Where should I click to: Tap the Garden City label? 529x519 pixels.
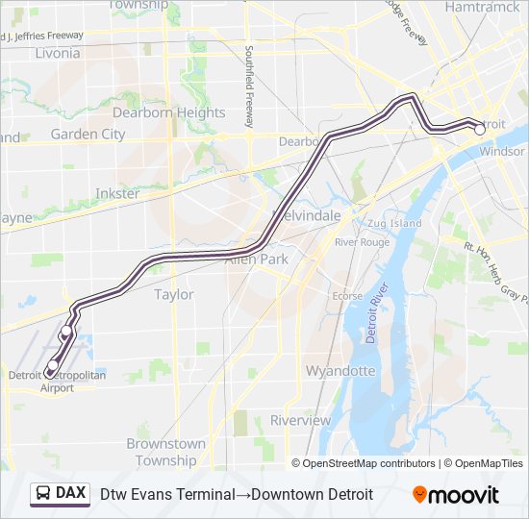coord(88,135)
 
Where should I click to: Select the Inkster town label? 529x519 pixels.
coord(116,193)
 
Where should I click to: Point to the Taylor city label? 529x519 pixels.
coord(174,295)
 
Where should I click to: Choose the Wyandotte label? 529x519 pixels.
coord(340,370)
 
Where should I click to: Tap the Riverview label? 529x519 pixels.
coord(300,420)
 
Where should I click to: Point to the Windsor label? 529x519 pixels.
coord(502,151)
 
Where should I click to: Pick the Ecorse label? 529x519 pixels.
coord(347,296)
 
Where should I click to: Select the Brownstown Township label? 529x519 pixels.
coord(166,452)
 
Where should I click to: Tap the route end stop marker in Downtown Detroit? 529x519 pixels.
coord(479,129)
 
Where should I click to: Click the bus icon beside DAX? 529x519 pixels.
coord(43,493)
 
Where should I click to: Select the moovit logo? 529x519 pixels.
coord(456,494)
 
